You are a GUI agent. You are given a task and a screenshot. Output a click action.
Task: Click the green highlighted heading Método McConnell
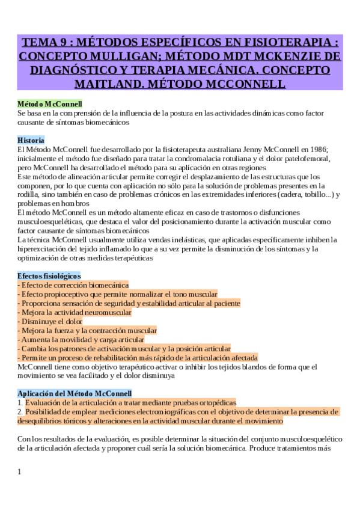click(x=50, y=104)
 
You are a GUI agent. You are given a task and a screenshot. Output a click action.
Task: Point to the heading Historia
click(x=31, y=140)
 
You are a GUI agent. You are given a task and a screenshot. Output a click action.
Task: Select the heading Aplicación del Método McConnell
click(x=70, y=393)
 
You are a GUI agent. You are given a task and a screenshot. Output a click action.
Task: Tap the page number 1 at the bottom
click(x=19, y=472)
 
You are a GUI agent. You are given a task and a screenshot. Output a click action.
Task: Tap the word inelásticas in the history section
click(x=145, y=239)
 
